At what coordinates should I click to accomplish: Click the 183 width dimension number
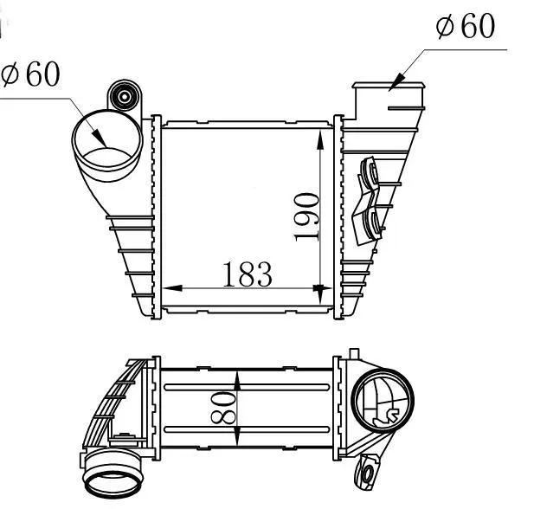coord(248,274)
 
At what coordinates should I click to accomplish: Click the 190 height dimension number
coord(307,217)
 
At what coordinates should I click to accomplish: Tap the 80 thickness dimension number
coord(223,408)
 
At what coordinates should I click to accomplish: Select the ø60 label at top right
coord(466,26)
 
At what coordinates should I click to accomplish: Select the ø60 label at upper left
coord(30,74)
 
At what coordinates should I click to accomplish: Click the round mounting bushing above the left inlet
coord(125,96)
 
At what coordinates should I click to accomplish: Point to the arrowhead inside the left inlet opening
coord(100,139)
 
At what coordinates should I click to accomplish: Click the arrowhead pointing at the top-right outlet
coord(397,82)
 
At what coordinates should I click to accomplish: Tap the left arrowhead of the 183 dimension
coord(172,288)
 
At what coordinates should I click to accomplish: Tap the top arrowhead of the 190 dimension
coord(320,140)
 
